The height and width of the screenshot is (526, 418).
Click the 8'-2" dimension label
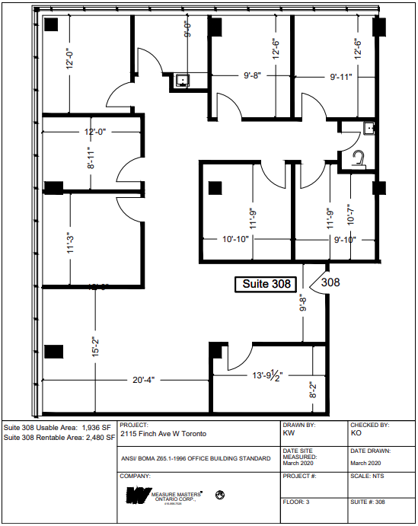(x=313, y=391)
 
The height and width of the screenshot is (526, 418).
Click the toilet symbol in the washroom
(x=360, y=158)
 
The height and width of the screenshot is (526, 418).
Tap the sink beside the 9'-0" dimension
(x=183, y=79)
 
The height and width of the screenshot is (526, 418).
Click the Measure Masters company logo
(x=164, y=496)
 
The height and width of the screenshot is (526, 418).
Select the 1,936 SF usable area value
(x=96, y=427)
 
